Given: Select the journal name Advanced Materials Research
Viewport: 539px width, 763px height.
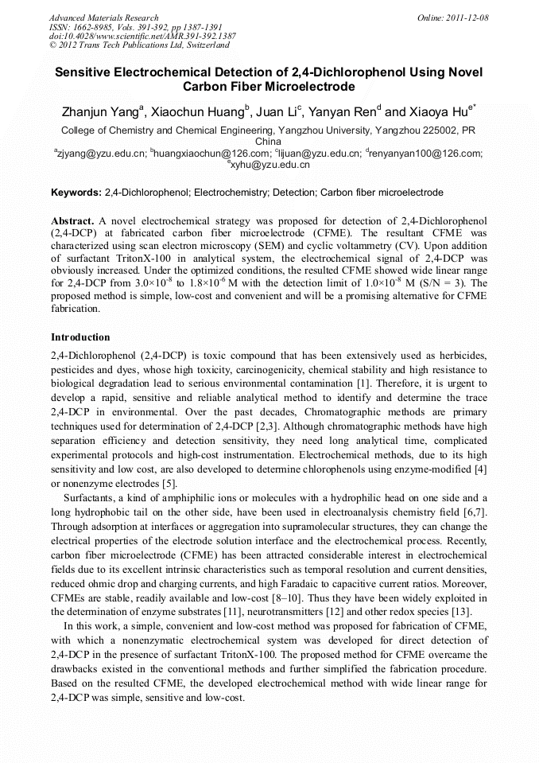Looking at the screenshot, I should click(103, 18).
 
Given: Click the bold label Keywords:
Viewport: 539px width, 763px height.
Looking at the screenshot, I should click(76, 193).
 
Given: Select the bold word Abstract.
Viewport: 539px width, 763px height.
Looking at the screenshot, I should click(73, 220).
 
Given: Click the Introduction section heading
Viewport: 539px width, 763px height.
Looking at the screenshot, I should click(80, 337).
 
